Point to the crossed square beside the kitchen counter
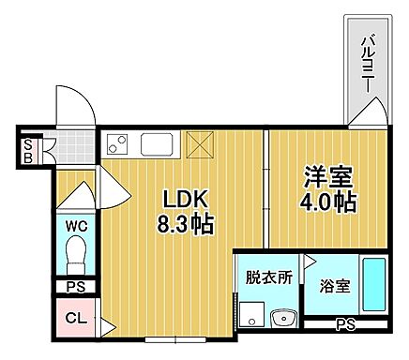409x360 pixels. pyautogui.click(x=199, y=144)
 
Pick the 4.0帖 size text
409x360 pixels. pyautogui.click(x=327, y=202)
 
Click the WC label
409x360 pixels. pyautogui.click(x=76, y=225)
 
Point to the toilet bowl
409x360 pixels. pyautogui.click(x=76, y=255)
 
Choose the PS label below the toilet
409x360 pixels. pyautogui.click(x=76, y=289)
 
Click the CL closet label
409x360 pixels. pyautogui.click(x=76, y=317)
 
